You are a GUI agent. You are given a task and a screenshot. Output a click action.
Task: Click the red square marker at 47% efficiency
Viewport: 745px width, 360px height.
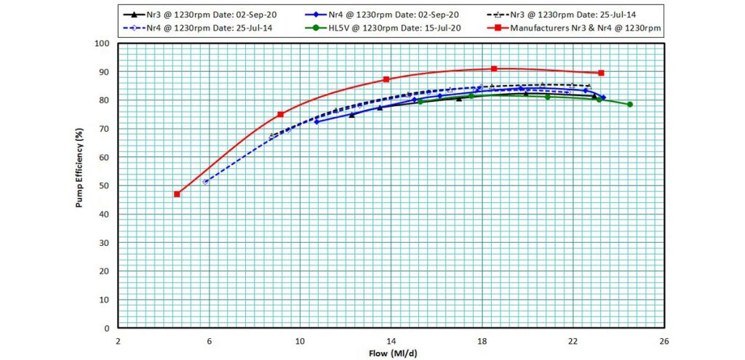[x=177, y=194]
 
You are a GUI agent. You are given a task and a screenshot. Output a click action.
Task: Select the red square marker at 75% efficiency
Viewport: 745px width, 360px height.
[x=280, y=114]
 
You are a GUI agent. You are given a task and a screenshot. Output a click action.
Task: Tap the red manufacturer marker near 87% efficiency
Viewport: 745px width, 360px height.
[x=386, y=79]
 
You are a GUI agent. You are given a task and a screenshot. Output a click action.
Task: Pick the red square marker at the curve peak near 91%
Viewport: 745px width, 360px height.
[x=494, y=68]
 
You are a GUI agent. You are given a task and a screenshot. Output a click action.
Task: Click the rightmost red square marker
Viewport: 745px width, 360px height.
[x=601, y=73]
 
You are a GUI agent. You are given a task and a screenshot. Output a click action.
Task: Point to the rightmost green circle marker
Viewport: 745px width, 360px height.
[x=630, y=104]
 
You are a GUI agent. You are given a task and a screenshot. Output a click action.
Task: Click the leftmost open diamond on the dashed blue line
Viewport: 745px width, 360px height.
[x=205, y=182]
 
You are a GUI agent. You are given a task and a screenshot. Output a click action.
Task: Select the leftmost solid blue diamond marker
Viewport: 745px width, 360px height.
[x=316, y=121]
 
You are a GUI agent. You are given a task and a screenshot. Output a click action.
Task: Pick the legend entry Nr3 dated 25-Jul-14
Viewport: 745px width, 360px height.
[x=567, y=15]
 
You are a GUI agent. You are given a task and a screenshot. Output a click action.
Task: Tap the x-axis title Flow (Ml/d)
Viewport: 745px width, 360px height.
[x=392, y=353]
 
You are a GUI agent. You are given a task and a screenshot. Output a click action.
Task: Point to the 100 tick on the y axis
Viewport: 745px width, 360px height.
[x=103, y=44]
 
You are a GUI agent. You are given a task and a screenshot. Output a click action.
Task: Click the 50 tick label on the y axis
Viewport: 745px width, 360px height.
[x=105, y=185]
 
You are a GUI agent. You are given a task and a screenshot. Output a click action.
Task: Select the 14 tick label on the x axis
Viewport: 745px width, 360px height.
[x=391, y=340]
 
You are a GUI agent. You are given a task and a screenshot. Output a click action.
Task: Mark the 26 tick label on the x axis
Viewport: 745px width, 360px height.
[x=664, y=340]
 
